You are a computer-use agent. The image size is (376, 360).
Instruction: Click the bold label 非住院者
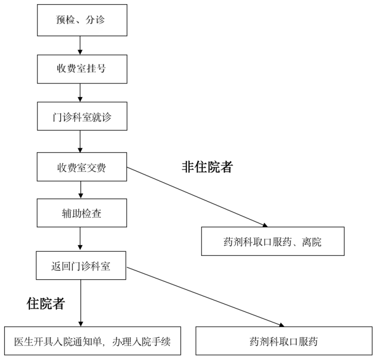(207, 167)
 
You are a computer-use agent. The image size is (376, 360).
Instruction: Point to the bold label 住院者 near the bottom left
(46, 304)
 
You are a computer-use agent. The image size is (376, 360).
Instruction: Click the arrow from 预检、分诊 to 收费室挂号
(80, 45)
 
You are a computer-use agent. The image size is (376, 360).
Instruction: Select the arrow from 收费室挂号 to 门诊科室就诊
(80, 93)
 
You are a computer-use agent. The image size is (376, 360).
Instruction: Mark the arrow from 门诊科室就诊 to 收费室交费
(80, 141)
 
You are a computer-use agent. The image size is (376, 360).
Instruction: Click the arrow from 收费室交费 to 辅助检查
(81, 190)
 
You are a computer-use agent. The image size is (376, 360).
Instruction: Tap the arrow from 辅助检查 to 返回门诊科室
(80, 239)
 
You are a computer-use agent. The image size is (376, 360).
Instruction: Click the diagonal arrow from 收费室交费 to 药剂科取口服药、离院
(197, 197)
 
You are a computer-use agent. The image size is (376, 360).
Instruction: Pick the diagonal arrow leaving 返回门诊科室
(205, 297)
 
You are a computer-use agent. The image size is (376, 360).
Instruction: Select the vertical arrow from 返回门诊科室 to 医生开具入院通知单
(81, 303)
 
